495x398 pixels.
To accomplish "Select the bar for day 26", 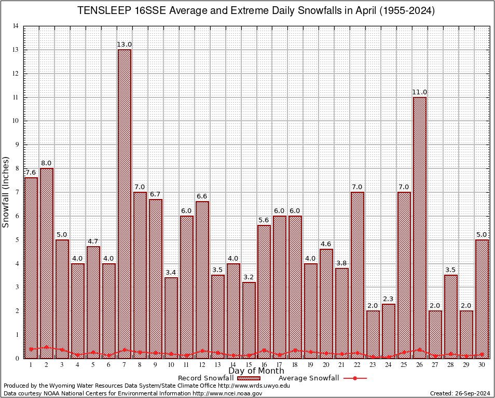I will (420, 228).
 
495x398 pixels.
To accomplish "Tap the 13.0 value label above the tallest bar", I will (125, 45).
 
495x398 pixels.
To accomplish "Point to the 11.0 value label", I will (420, 92).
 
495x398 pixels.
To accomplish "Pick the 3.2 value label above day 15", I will (249, 277).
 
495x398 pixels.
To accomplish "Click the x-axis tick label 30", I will (482, 365).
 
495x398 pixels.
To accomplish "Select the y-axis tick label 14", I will (16, 26).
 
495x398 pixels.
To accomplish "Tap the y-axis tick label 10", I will (16, 121).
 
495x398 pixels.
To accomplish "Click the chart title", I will (256, 11).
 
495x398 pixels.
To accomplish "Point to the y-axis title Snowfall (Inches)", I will (6, 192).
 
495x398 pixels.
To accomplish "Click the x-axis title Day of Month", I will (256, 371).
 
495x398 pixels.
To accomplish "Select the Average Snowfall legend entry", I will (319, 378).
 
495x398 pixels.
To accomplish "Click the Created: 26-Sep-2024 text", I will (460, 393).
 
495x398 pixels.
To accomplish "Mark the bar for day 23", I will (373, 334).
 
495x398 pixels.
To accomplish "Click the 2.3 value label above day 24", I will (389, 299).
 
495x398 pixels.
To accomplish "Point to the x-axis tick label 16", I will (264, 365).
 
